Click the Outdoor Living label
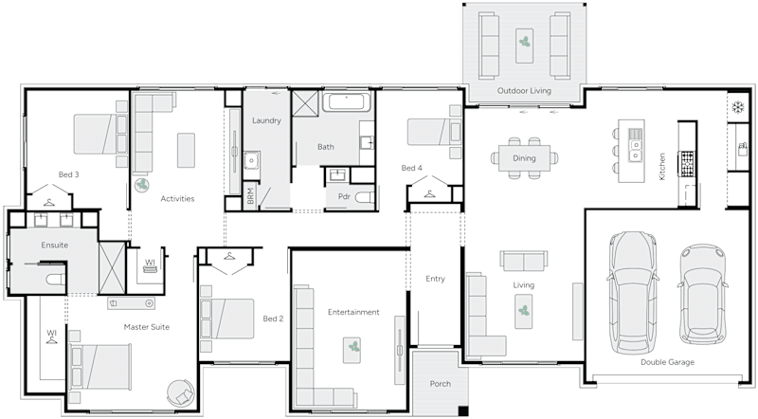pos(524,91)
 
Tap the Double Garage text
pos(668,362)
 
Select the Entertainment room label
pos(353,312)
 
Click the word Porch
pos(440,384)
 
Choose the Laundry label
pos(267,121)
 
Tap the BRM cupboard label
pos(249,195)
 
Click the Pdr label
pos(344,196)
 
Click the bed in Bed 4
pos(434,137)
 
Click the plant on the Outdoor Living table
pos(524,42)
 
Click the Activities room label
pos(177,199)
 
